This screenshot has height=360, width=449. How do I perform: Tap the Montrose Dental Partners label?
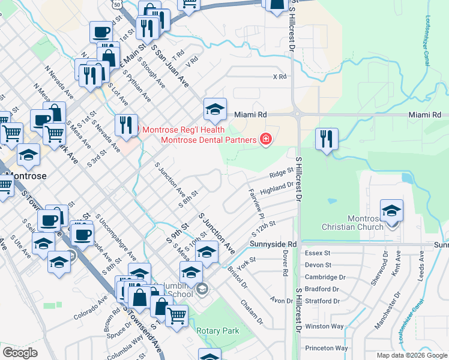(209, 140)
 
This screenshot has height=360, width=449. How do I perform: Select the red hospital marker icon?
(265, 140)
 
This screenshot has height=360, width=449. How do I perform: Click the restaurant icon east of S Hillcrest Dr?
(327, 139)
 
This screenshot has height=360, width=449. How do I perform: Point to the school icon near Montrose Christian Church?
(392, 211)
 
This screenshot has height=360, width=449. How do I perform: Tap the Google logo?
(20, 353)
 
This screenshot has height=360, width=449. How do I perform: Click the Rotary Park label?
(218, 331)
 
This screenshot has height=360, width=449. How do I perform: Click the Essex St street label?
(318, 254)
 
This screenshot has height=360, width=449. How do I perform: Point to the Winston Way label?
(325, 326)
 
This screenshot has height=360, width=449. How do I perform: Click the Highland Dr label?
(276, 188)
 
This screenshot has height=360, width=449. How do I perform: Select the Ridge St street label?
(282, 173)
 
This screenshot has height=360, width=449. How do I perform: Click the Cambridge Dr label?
(326, 277)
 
